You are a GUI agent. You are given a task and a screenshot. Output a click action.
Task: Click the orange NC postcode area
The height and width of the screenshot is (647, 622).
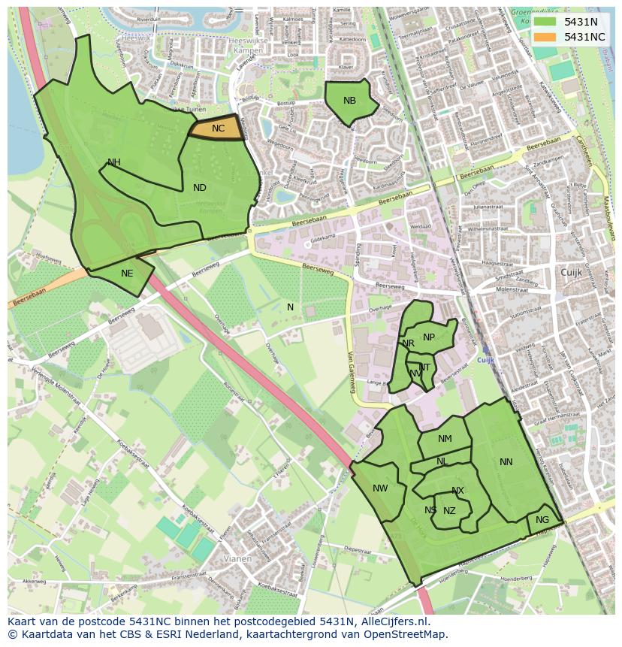point(217,128)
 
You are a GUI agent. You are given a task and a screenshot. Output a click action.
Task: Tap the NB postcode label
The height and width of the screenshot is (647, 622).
point(349,101)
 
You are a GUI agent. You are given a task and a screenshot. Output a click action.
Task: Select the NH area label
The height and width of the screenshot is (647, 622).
point(114,162)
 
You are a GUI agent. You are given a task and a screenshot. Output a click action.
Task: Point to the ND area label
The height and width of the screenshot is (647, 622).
point(200,188)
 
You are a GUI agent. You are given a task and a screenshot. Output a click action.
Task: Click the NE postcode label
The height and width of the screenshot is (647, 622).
point(127,274)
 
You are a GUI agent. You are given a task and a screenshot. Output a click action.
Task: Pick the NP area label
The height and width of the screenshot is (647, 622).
point(429,337)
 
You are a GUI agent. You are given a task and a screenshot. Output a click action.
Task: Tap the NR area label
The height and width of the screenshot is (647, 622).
point(409,343)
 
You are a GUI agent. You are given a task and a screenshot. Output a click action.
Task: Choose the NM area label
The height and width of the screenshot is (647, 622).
point(445,439)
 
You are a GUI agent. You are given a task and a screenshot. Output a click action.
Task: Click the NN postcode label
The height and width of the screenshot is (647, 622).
point(506,462)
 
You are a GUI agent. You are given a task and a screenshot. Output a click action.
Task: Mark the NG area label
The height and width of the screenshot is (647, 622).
point(542,520)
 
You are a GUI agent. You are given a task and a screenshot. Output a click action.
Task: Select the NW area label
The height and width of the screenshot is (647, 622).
point(380,488)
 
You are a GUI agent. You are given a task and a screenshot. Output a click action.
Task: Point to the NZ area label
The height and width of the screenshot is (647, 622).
point(449,511)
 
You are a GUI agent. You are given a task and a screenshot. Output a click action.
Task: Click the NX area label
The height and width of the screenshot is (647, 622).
point(457,491)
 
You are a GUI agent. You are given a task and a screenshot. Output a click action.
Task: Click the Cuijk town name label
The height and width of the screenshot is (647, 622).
point(571,272)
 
